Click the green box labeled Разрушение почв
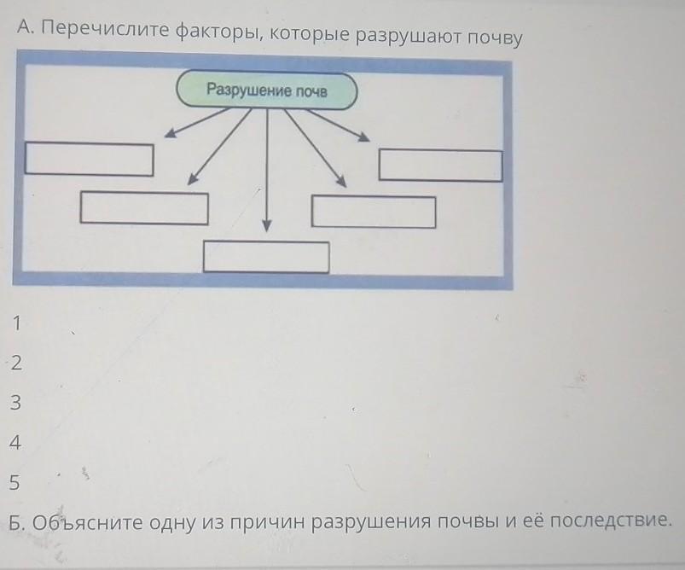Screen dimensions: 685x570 pyautogui.click(x=266, y=90)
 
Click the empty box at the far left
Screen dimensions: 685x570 pyautogui.click(x=89, y=159)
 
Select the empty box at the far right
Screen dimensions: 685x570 pyautogui.click(x=440, y=166)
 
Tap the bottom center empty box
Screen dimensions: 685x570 pyautogui.click(x=266, y=257)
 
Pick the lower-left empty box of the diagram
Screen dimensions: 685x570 pyautogui.click(x=144, y=208)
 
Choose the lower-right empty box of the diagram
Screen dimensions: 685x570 pyautogui.click(x=374, y=212)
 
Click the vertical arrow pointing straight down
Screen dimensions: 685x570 pyautogui.click(x=267, y=171)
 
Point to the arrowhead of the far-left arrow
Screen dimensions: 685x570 pyautogui.click(x=171, y=132)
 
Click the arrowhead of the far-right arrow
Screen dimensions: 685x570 pyautogui.click(x=363, y=137)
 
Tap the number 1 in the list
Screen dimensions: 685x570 pyautogui.click(x=17, y=323)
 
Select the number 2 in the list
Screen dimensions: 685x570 pyautogui.click(x=16, y=363)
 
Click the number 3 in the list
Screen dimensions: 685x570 pyautogui.click(x=15, y=402)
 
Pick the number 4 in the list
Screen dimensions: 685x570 pyautogui.click(x=15, y=442)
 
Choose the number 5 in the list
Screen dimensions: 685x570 pyautogui.click(x=15, y=482)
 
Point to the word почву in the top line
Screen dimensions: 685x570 pyautogui.click(x=495, y=38)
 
